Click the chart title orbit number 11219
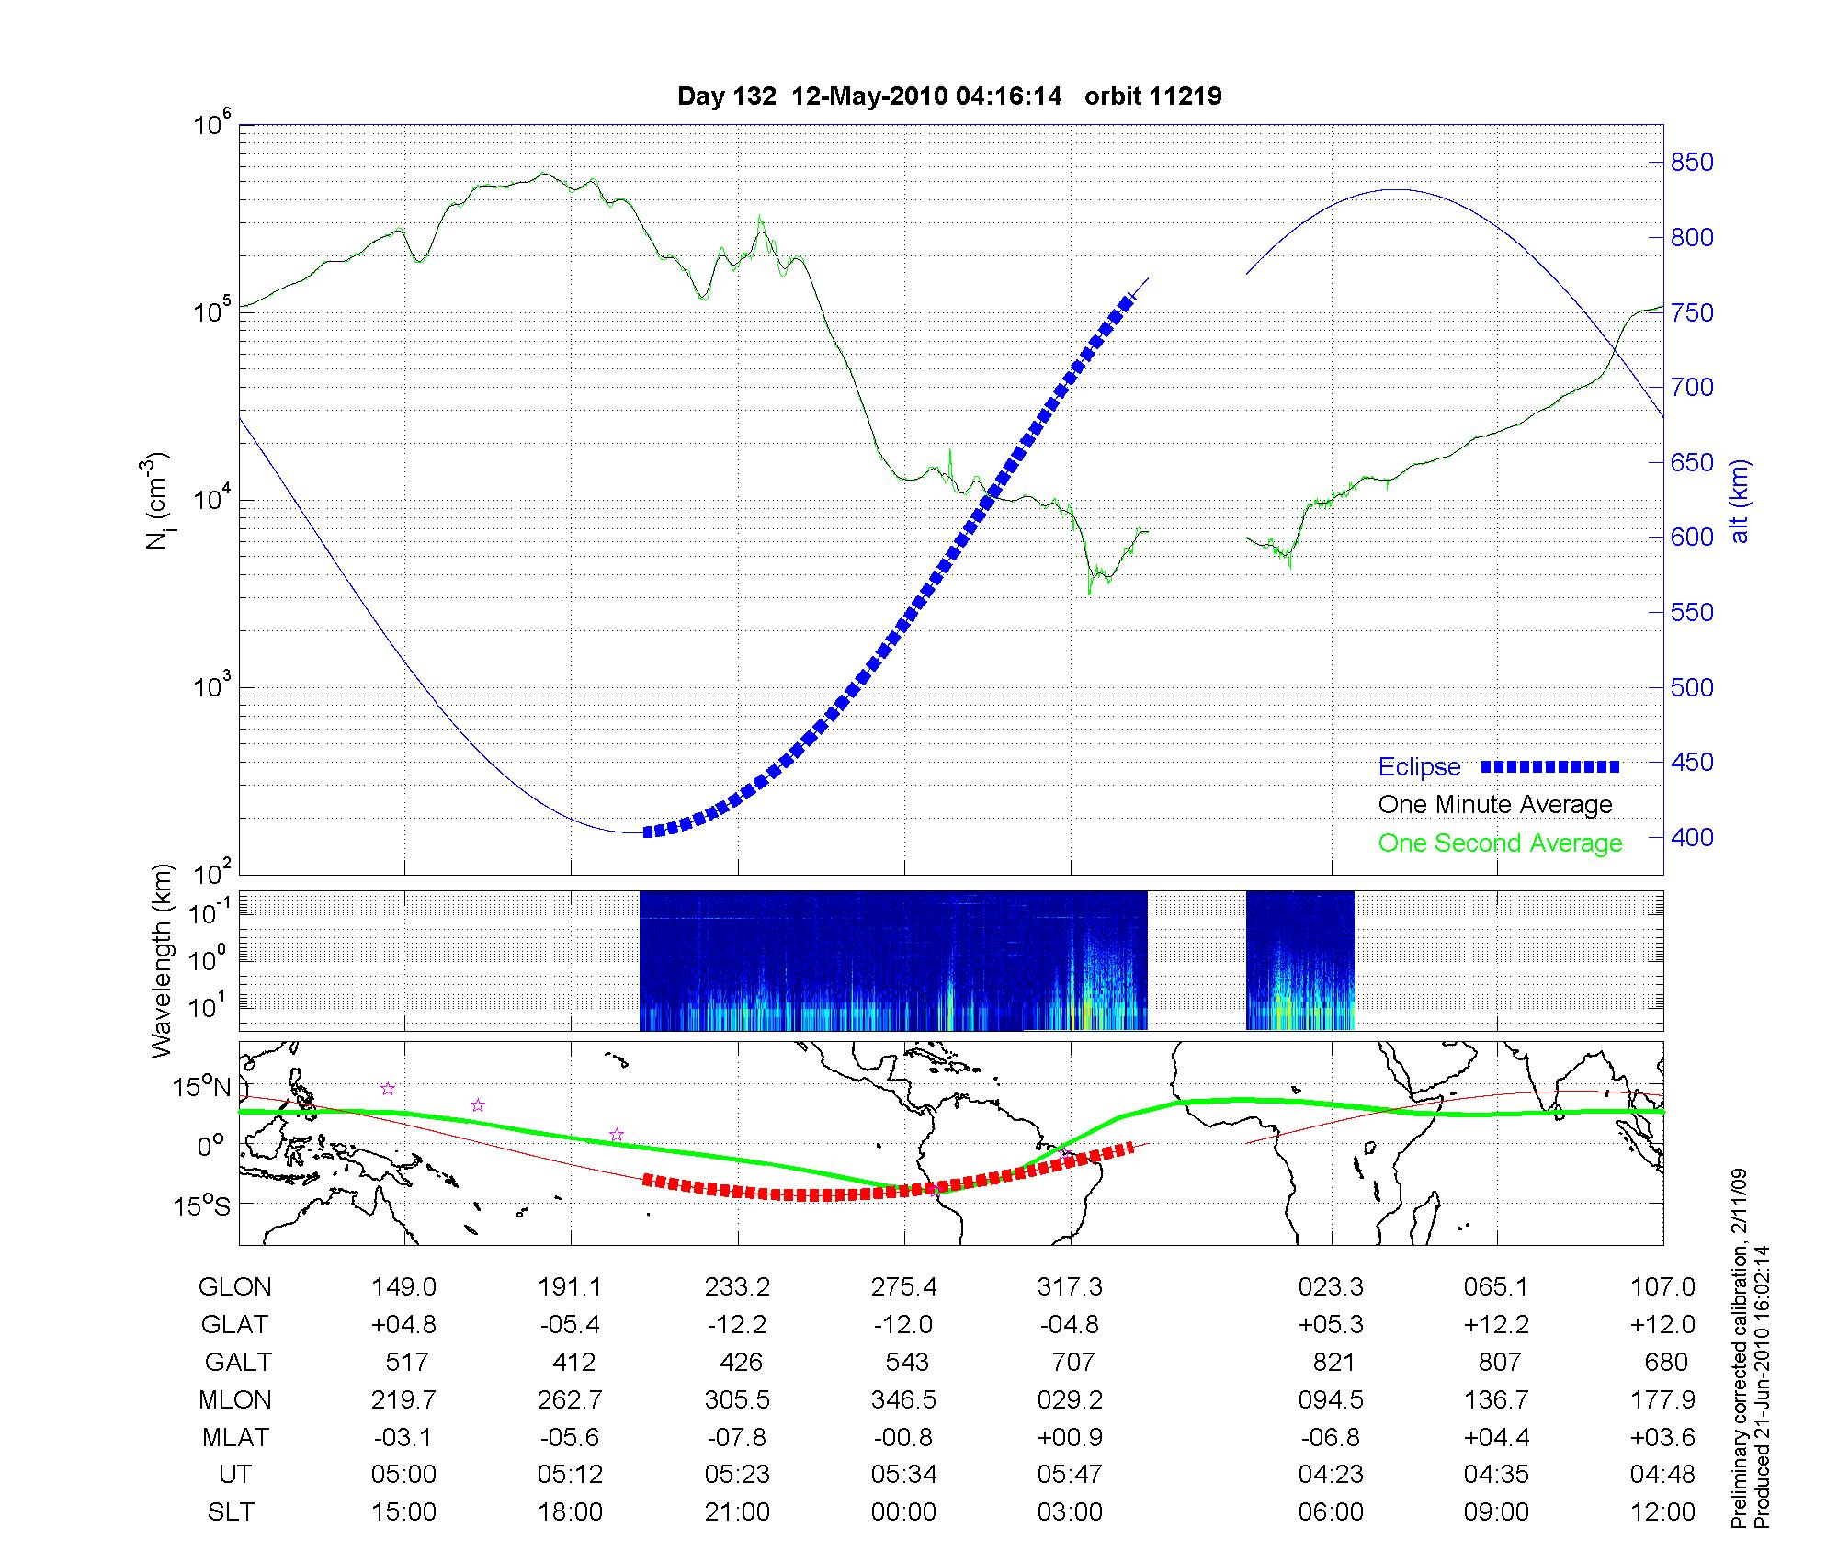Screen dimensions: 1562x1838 click(1152, 96)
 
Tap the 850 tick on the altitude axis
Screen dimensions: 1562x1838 click(1692, 163)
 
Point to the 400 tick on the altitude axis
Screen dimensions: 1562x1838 click(1692, 837)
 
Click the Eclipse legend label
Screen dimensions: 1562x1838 click(1419, 767)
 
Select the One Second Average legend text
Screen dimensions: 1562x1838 click(1500, 843)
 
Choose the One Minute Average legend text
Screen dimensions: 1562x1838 click(1495, 805)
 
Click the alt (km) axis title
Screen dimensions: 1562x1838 click(1740, 501)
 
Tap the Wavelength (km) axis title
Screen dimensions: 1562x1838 click(162, 960)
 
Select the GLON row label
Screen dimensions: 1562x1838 click(235, 1286)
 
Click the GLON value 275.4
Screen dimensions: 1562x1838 click(904, 1286)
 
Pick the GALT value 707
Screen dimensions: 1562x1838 click(1072, 1362)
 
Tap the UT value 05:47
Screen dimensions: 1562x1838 click(1070, 1474)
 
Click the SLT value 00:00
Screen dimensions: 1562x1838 click(903, 1511)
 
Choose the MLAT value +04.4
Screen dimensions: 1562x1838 click(1496, 1437)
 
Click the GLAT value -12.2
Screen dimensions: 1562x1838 click(737, 1324)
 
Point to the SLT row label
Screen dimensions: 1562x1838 click(231, 1511)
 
